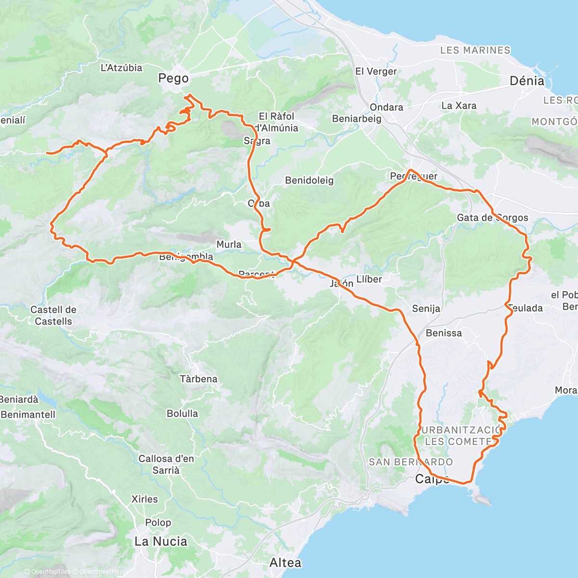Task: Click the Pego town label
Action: (x=173, y=78)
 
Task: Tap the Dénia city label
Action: (x=527, y=81)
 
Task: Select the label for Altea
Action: (x=285, y=563)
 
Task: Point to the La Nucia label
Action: (x=161, y=541)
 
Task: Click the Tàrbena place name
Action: (x=198, y=379)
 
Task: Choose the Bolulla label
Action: (x=182, y=413)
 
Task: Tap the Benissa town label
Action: (x=444, y=333)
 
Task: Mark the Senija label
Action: (x=426, y=308)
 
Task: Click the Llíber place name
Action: (x=369, y=279)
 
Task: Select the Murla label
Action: (x=229, y=244)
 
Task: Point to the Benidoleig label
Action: (x=309, y=181)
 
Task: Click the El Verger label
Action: (x=376, y=71)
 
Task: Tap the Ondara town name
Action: (x=386, y=107)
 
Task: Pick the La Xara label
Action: (x=459, y=105)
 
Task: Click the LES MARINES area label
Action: (x=475, y=50)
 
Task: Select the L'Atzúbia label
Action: (x=121, y=68)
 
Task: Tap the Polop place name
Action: (x=158, y=523)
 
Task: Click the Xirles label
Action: (x=144, y=499)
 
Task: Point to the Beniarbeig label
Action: (x=356, y=118)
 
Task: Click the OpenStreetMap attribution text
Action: (x=101, y=572)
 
